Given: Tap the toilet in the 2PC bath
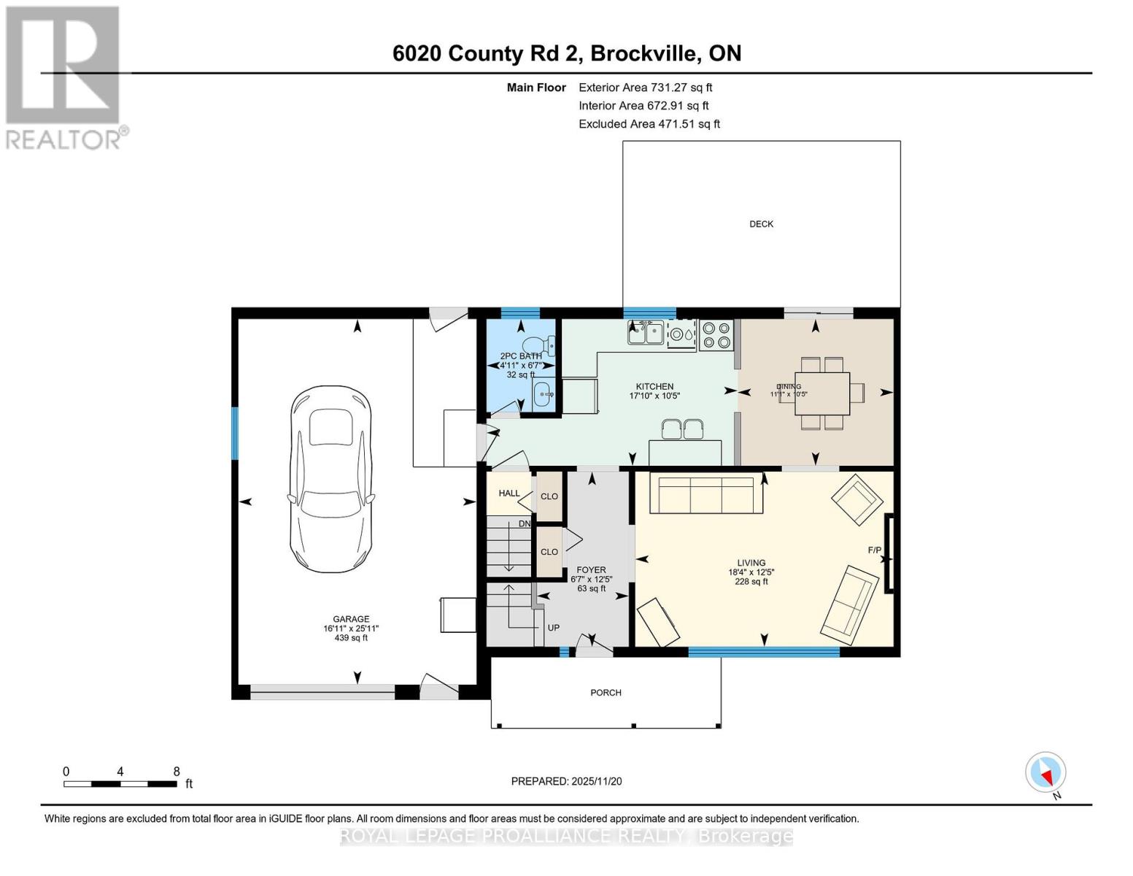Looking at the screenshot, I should point(541,345).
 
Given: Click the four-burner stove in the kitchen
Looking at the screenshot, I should point(716,334).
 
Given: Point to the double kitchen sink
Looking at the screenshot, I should point(645,333).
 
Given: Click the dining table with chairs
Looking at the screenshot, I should point(822,393).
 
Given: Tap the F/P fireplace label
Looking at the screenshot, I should point(874,550).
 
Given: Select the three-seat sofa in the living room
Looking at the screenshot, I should point(705,495).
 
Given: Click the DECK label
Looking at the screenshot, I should point(761,224).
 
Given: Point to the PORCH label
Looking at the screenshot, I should point(606,693).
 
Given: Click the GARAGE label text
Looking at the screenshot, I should point(351,619).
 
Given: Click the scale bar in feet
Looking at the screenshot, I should point(120,784).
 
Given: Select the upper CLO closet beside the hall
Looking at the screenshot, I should point(549,496).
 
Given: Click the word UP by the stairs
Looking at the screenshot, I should point(554,627).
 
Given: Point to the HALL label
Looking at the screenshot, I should point(509,493).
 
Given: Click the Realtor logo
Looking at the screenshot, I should point(63,77).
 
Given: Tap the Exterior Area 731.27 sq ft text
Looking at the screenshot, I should point(645,88).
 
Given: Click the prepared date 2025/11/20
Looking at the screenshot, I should point(566,781).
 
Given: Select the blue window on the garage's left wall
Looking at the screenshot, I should point(235,433).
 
